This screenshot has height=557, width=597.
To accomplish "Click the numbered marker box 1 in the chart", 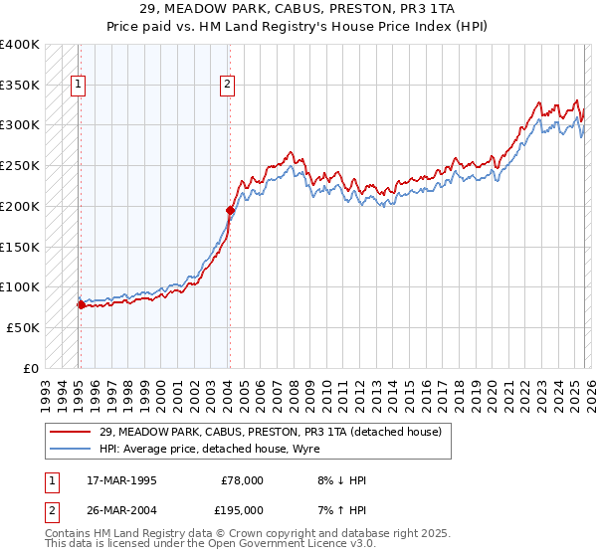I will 78,86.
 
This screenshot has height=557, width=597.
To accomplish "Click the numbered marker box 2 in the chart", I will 227,86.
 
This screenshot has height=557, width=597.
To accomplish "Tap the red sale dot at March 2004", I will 230,210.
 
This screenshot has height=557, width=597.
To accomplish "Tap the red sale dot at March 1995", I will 81,304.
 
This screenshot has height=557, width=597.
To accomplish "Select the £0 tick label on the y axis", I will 30,368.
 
